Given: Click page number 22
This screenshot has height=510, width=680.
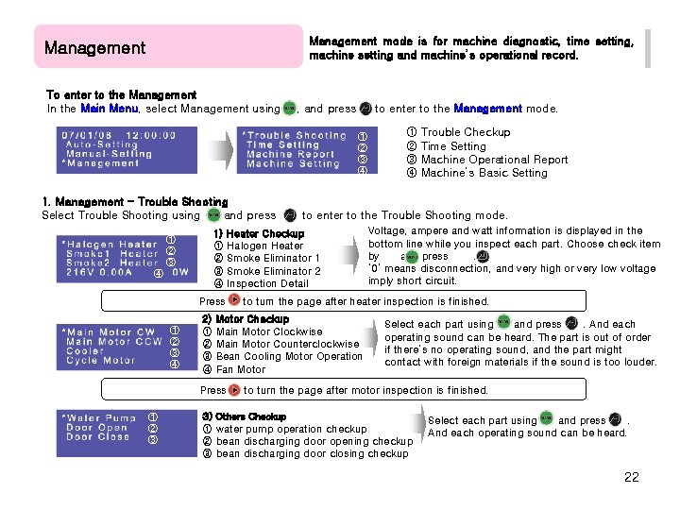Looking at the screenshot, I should [631, 477].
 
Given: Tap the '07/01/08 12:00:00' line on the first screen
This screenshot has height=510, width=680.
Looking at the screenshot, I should [119, 135].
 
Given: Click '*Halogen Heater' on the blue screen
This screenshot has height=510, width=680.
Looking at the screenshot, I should [110, 245].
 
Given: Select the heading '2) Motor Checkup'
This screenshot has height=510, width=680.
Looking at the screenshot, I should [245, 319].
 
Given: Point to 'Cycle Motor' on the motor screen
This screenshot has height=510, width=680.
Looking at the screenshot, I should [100, 361].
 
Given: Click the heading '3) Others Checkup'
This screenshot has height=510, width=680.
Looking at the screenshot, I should [244, 416].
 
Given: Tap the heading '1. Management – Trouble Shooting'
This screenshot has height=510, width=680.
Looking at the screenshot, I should [135, 201].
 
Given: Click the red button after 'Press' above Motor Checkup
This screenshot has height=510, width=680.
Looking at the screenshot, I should [234, 301].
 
